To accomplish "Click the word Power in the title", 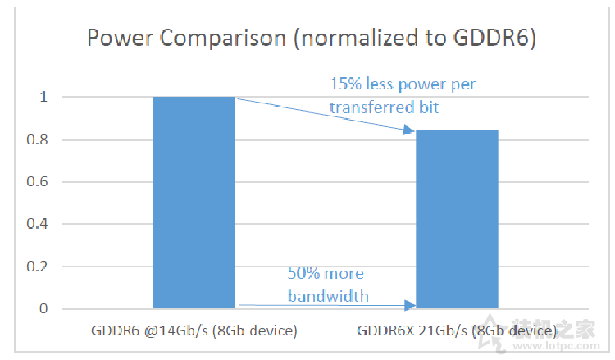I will [x=116, y=39].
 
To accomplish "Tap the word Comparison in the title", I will [x=212, y=39].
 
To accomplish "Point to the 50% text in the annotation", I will [x=302, y=274].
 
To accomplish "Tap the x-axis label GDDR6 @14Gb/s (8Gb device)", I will [x=194, y=332].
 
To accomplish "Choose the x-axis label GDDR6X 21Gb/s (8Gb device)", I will [x=457, y=332].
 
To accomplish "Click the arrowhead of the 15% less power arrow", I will [x=409, y=129].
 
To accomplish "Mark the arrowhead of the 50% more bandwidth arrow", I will [x=411, y=306].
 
